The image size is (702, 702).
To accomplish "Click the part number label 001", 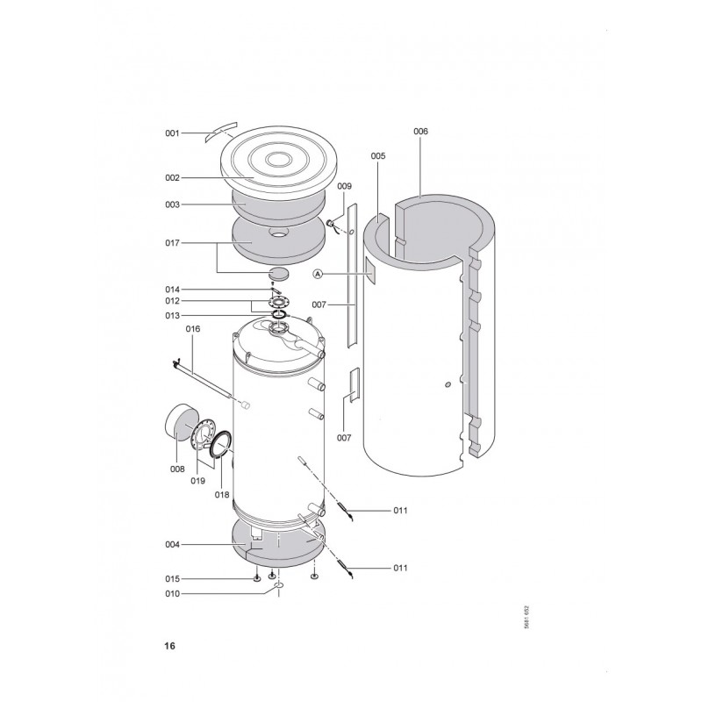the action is [172, 133].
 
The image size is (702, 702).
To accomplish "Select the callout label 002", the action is [172, 178].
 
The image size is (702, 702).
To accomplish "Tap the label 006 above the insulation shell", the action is [420, 132].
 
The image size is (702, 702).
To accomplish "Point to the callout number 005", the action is [378, 156].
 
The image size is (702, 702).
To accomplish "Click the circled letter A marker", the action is [318, 274].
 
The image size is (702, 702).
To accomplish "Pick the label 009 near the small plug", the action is [344, 186].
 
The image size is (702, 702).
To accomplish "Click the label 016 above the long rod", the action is [193, 329].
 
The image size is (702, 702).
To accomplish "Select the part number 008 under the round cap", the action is [177, 469].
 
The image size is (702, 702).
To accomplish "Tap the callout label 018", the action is [222, 495].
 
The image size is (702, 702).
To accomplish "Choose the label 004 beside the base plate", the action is [172, 545].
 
